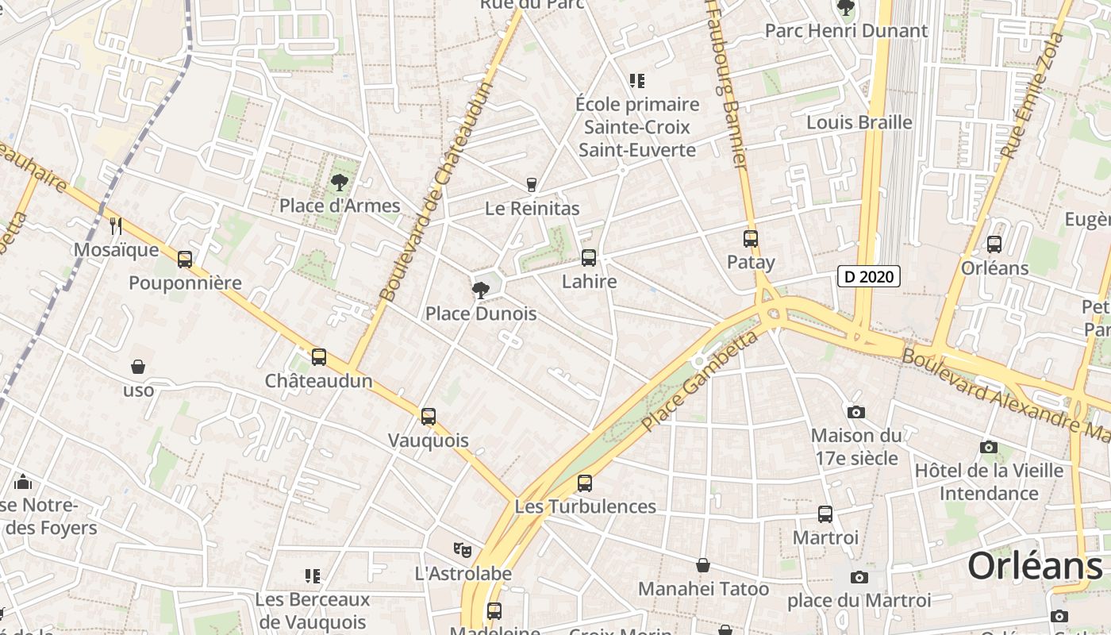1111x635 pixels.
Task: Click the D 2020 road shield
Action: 869,276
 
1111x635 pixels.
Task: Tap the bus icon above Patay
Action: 750,238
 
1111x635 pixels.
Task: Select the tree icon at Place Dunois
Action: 480,290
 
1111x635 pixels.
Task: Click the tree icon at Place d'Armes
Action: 340,183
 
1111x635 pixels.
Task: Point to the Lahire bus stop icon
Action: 588,258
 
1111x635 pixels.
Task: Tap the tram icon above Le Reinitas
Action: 532,185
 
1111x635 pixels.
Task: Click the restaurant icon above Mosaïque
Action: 116,226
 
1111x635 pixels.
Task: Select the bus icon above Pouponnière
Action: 185,260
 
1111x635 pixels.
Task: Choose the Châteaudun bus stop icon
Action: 318,357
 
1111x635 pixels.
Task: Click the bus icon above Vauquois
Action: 429,417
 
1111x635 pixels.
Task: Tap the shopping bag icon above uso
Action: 138,367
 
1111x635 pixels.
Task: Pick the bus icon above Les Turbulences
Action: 585,483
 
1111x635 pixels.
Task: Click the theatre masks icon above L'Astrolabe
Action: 463,549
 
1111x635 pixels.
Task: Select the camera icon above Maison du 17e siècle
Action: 855,412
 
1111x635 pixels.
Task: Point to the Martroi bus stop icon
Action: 825,514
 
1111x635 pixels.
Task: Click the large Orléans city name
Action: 1035,566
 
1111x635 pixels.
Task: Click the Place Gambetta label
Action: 699,383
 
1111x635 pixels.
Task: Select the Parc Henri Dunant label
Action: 846,31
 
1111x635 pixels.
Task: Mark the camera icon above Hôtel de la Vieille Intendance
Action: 988,448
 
